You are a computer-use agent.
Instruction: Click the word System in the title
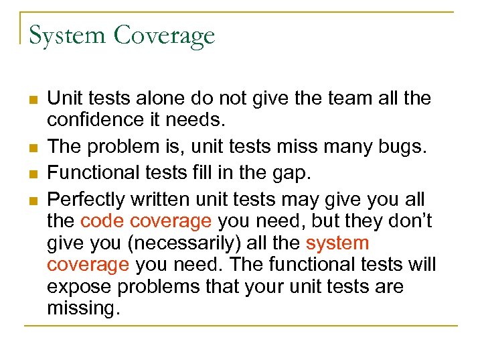[x=67, y=35]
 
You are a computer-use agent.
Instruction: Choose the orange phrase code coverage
[x=145, y=221]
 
